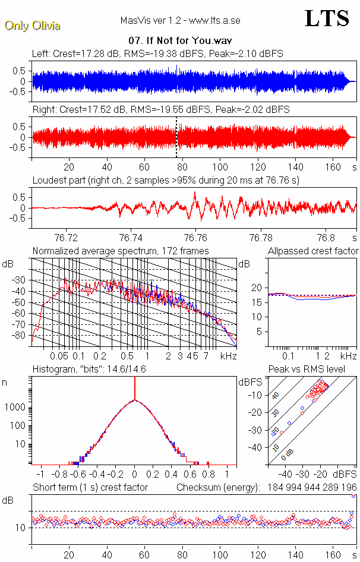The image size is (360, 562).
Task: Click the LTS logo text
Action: coord(327,18)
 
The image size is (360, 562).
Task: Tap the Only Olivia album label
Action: coord(32,26)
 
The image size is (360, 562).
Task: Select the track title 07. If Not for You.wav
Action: coord(180,41)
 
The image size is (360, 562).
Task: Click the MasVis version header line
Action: coord(180,21)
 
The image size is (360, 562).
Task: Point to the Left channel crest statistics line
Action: coord(157,54)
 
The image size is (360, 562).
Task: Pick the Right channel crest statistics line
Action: coord(160,110)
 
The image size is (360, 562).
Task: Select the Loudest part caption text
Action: coord(166,180)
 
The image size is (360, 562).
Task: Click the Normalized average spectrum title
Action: coord(121,251)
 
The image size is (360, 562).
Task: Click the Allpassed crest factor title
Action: coord(313,251)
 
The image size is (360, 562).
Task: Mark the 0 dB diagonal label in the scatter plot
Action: coord(288,453)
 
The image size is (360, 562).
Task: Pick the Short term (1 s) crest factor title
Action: coord(90,488)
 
